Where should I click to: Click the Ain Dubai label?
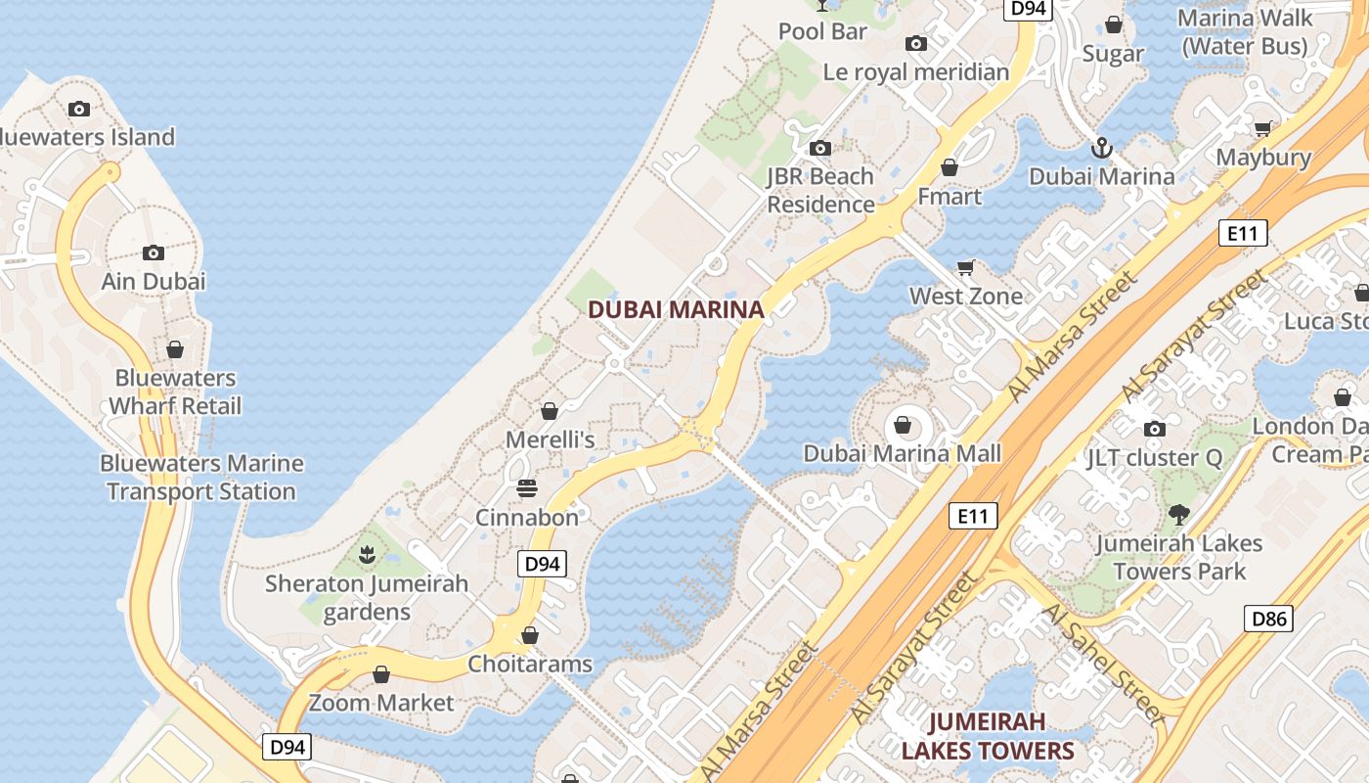click(154, 282)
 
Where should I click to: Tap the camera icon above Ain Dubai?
click(153, 253)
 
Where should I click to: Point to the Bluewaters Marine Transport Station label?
click(201, 478)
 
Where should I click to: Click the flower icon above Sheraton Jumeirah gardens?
click(367, 556)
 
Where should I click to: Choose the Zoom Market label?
click(381, 703)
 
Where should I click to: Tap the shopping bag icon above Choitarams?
click(529, 636)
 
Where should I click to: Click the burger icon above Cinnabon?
click(526, 488)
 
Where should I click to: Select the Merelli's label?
click(550, 440)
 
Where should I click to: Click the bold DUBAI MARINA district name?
click(676, 310)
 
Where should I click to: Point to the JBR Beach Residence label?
click(820, 190)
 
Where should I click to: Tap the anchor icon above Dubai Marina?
click(1102, 149)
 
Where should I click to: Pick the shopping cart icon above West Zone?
click(966, 267)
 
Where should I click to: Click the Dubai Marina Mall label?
click(903, 453)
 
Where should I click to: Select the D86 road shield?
click(1269, 619)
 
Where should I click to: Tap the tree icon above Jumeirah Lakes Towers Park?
click(1179, 514)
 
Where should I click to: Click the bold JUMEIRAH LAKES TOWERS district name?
click(988, 736)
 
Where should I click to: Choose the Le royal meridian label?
click(916, 72)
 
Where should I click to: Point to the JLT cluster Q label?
click(1154, 458)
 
